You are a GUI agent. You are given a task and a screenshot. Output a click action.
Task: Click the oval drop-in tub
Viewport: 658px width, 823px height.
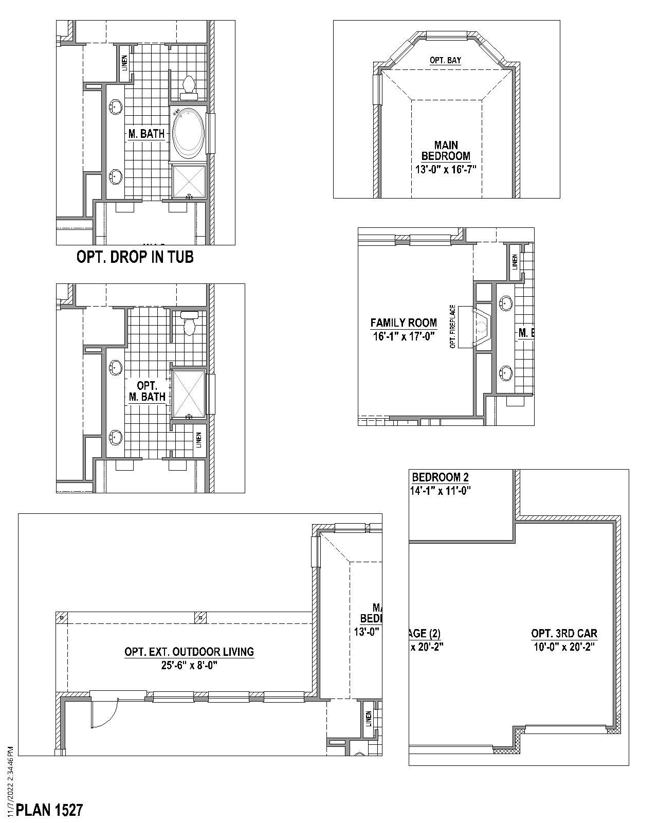(x=188, y=133)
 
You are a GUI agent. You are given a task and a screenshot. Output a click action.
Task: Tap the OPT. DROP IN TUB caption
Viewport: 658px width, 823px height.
(x=135, y=257)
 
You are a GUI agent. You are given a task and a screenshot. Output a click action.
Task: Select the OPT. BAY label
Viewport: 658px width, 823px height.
(x=445, y=61)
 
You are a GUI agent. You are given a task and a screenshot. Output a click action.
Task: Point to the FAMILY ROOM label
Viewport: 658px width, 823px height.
(x=404, y=323)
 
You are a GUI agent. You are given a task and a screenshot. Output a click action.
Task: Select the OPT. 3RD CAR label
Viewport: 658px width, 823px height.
(x=564, y=634)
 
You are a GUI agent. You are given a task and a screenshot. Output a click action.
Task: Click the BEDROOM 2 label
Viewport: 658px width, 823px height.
(x=440, y=477)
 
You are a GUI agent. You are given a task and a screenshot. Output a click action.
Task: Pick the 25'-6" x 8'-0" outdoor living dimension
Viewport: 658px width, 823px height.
(x=189, y=665)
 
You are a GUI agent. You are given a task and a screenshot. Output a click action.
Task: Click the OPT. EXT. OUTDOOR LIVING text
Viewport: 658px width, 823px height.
(x=189, y=652)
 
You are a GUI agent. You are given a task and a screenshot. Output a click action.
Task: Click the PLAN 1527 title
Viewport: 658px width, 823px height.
(x=49, y=810)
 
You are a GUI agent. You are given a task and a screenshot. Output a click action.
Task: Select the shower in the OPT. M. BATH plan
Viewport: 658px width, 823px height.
(x=188, y=393)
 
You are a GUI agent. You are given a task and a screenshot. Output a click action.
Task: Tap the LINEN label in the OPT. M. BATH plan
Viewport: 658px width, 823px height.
(x=198, y=439)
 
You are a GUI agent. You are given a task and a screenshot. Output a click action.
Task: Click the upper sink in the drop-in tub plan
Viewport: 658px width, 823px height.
(x=116, y=107)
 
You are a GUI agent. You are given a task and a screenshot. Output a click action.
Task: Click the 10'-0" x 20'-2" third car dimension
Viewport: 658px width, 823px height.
(x=564, y=647)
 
